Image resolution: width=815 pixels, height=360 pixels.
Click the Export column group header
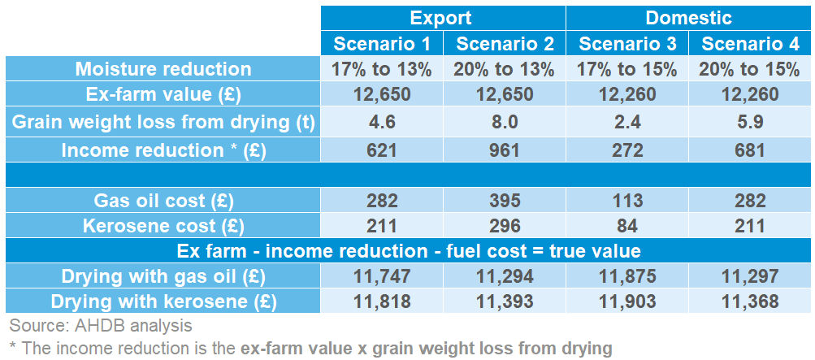click(440, 18)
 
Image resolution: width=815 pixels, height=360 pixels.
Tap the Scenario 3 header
click(626, 44)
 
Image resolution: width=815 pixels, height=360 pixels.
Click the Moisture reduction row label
click(163, 69)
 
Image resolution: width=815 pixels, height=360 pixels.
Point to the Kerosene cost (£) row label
click(163, 225)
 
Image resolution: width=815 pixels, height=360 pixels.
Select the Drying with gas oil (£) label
click(163, 277)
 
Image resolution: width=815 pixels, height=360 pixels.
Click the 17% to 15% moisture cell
click(626, 69)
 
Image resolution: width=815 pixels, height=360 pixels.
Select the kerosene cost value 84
click(626, 225)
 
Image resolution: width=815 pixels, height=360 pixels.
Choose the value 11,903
click(626, 302)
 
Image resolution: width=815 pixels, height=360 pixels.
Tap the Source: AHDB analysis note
click(101, 327)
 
